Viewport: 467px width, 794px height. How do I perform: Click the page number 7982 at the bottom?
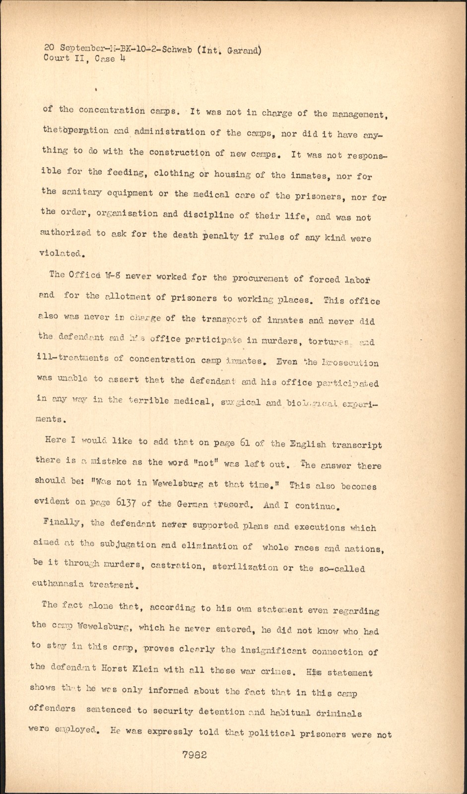click(195, 755)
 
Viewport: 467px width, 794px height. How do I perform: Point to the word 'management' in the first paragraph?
click(355, 115)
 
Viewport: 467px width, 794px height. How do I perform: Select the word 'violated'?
click(60, 253)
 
